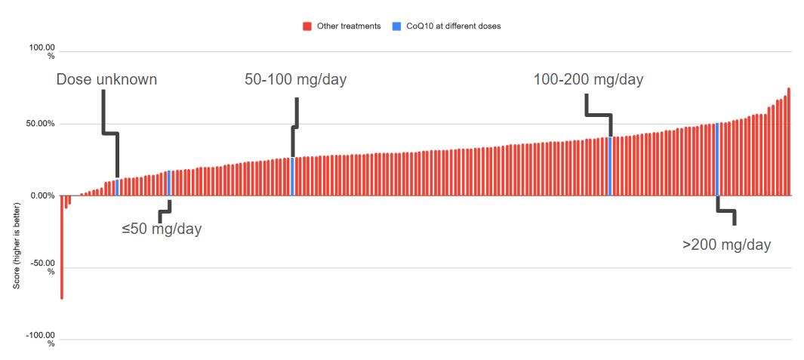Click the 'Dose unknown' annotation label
pyautogui.click(x=106, y=79)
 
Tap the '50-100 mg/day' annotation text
pyautogui.click(x=295, y=79)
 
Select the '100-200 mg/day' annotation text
pyautogui.click(x=588, y=79)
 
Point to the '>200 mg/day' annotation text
pyautogui.click(x=726, y=245)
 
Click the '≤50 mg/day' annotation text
pyautogui.click(x=162, y=229)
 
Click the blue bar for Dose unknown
pyautogui.click(x=118, y=187)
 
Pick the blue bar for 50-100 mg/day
pyautogui.click(x=292, y=177)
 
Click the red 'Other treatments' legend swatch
pyautogui.click(x=307, y=26)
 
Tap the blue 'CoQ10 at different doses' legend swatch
pyautogui.click(x=397, y=26)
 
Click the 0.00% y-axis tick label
pyautogui.click(x=42, y=195)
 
